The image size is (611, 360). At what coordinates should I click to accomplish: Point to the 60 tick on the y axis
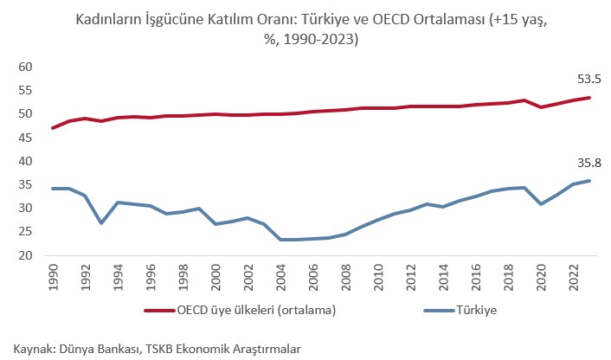point(25,67)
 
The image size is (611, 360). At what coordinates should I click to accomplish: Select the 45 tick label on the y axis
point(25,138)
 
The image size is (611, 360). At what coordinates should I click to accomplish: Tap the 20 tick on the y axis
point(25,256)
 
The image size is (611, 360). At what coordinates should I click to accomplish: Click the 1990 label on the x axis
point(54,276)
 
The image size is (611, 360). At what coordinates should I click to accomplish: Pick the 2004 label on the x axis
point(281,276)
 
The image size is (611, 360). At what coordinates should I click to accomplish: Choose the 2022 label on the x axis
point(574,276)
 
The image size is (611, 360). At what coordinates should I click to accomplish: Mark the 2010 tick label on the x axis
point(379,276)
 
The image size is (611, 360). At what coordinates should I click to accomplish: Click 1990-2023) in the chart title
point(317,40)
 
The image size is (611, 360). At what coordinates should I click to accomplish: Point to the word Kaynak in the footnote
point(31,348)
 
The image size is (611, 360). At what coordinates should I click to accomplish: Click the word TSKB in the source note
point(154,348)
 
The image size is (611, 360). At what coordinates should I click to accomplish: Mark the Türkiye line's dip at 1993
point(102,222)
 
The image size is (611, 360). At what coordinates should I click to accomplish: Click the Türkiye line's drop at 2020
point(541,204)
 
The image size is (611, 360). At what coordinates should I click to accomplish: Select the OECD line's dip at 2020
point(541,106)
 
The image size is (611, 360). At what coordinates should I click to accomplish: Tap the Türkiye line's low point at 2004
point(281,240)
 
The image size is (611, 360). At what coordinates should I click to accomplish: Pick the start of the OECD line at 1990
point(54,128)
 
